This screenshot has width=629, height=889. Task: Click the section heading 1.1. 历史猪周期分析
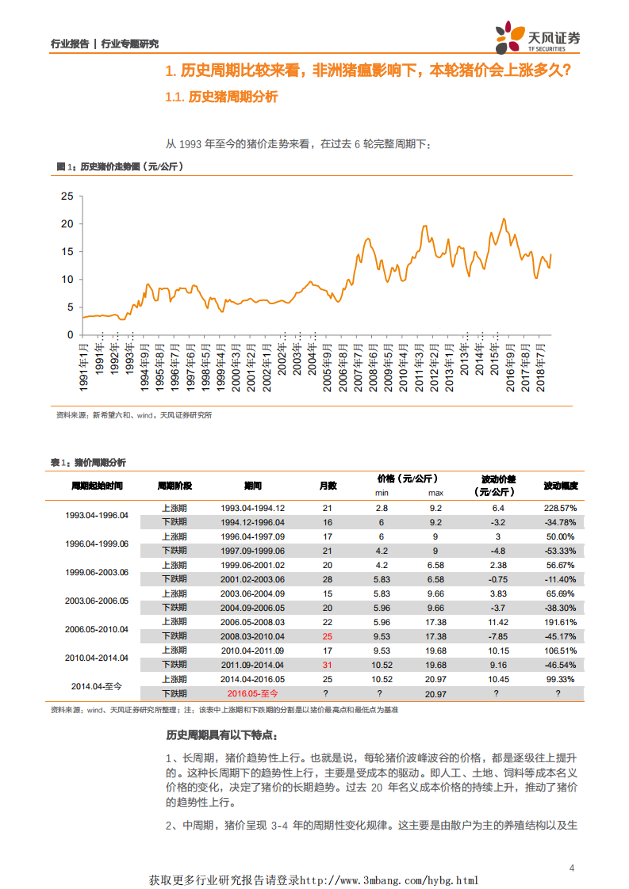pos(221,97)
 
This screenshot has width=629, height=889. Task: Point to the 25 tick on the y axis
pos(67,196)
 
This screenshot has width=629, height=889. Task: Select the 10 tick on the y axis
pos(67,279)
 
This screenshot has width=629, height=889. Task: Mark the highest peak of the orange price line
pos(504,219)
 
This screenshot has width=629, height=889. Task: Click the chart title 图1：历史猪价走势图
pos(120,166)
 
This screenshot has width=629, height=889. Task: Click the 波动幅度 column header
pos(560,485)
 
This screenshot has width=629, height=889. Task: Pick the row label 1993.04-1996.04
pos(96,515)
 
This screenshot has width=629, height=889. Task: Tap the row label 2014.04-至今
pos(96,686)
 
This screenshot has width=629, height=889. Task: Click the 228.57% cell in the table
pos(560,508)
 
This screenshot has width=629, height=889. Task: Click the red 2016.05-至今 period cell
pos(252,693)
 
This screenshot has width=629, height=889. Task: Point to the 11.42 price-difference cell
pos(498,622)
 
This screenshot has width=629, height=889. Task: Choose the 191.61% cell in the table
pos(560,622)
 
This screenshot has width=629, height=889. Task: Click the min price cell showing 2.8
pos(382,508)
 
